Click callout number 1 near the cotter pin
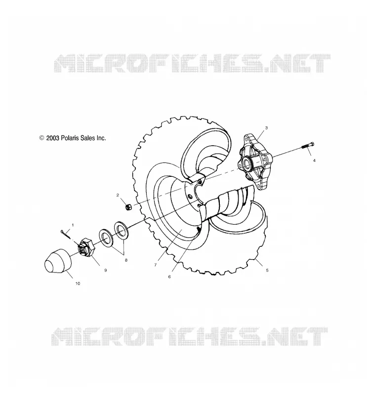tap(73, 225)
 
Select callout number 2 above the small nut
tap(118, 195)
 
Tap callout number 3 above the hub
tap(266, 128)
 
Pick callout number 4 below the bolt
tap(314, 160)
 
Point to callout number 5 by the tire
tap(267, 270)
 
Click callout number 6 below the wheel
tap(169, 276)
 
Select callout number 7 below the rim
tap(156, 265)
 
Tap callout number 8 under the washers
tap(126, 260)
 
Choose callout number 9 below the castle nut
tap(106, 270)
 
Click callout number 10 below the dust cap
tap(78, 283)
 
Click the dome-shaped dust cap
tap(58, 261)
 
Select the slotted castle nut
tap(86, 247)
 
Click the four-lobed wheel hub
tap(255, 161)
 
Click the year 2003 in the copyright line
tap(53, 138)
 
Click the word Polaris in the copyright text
tap(69, 138)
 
